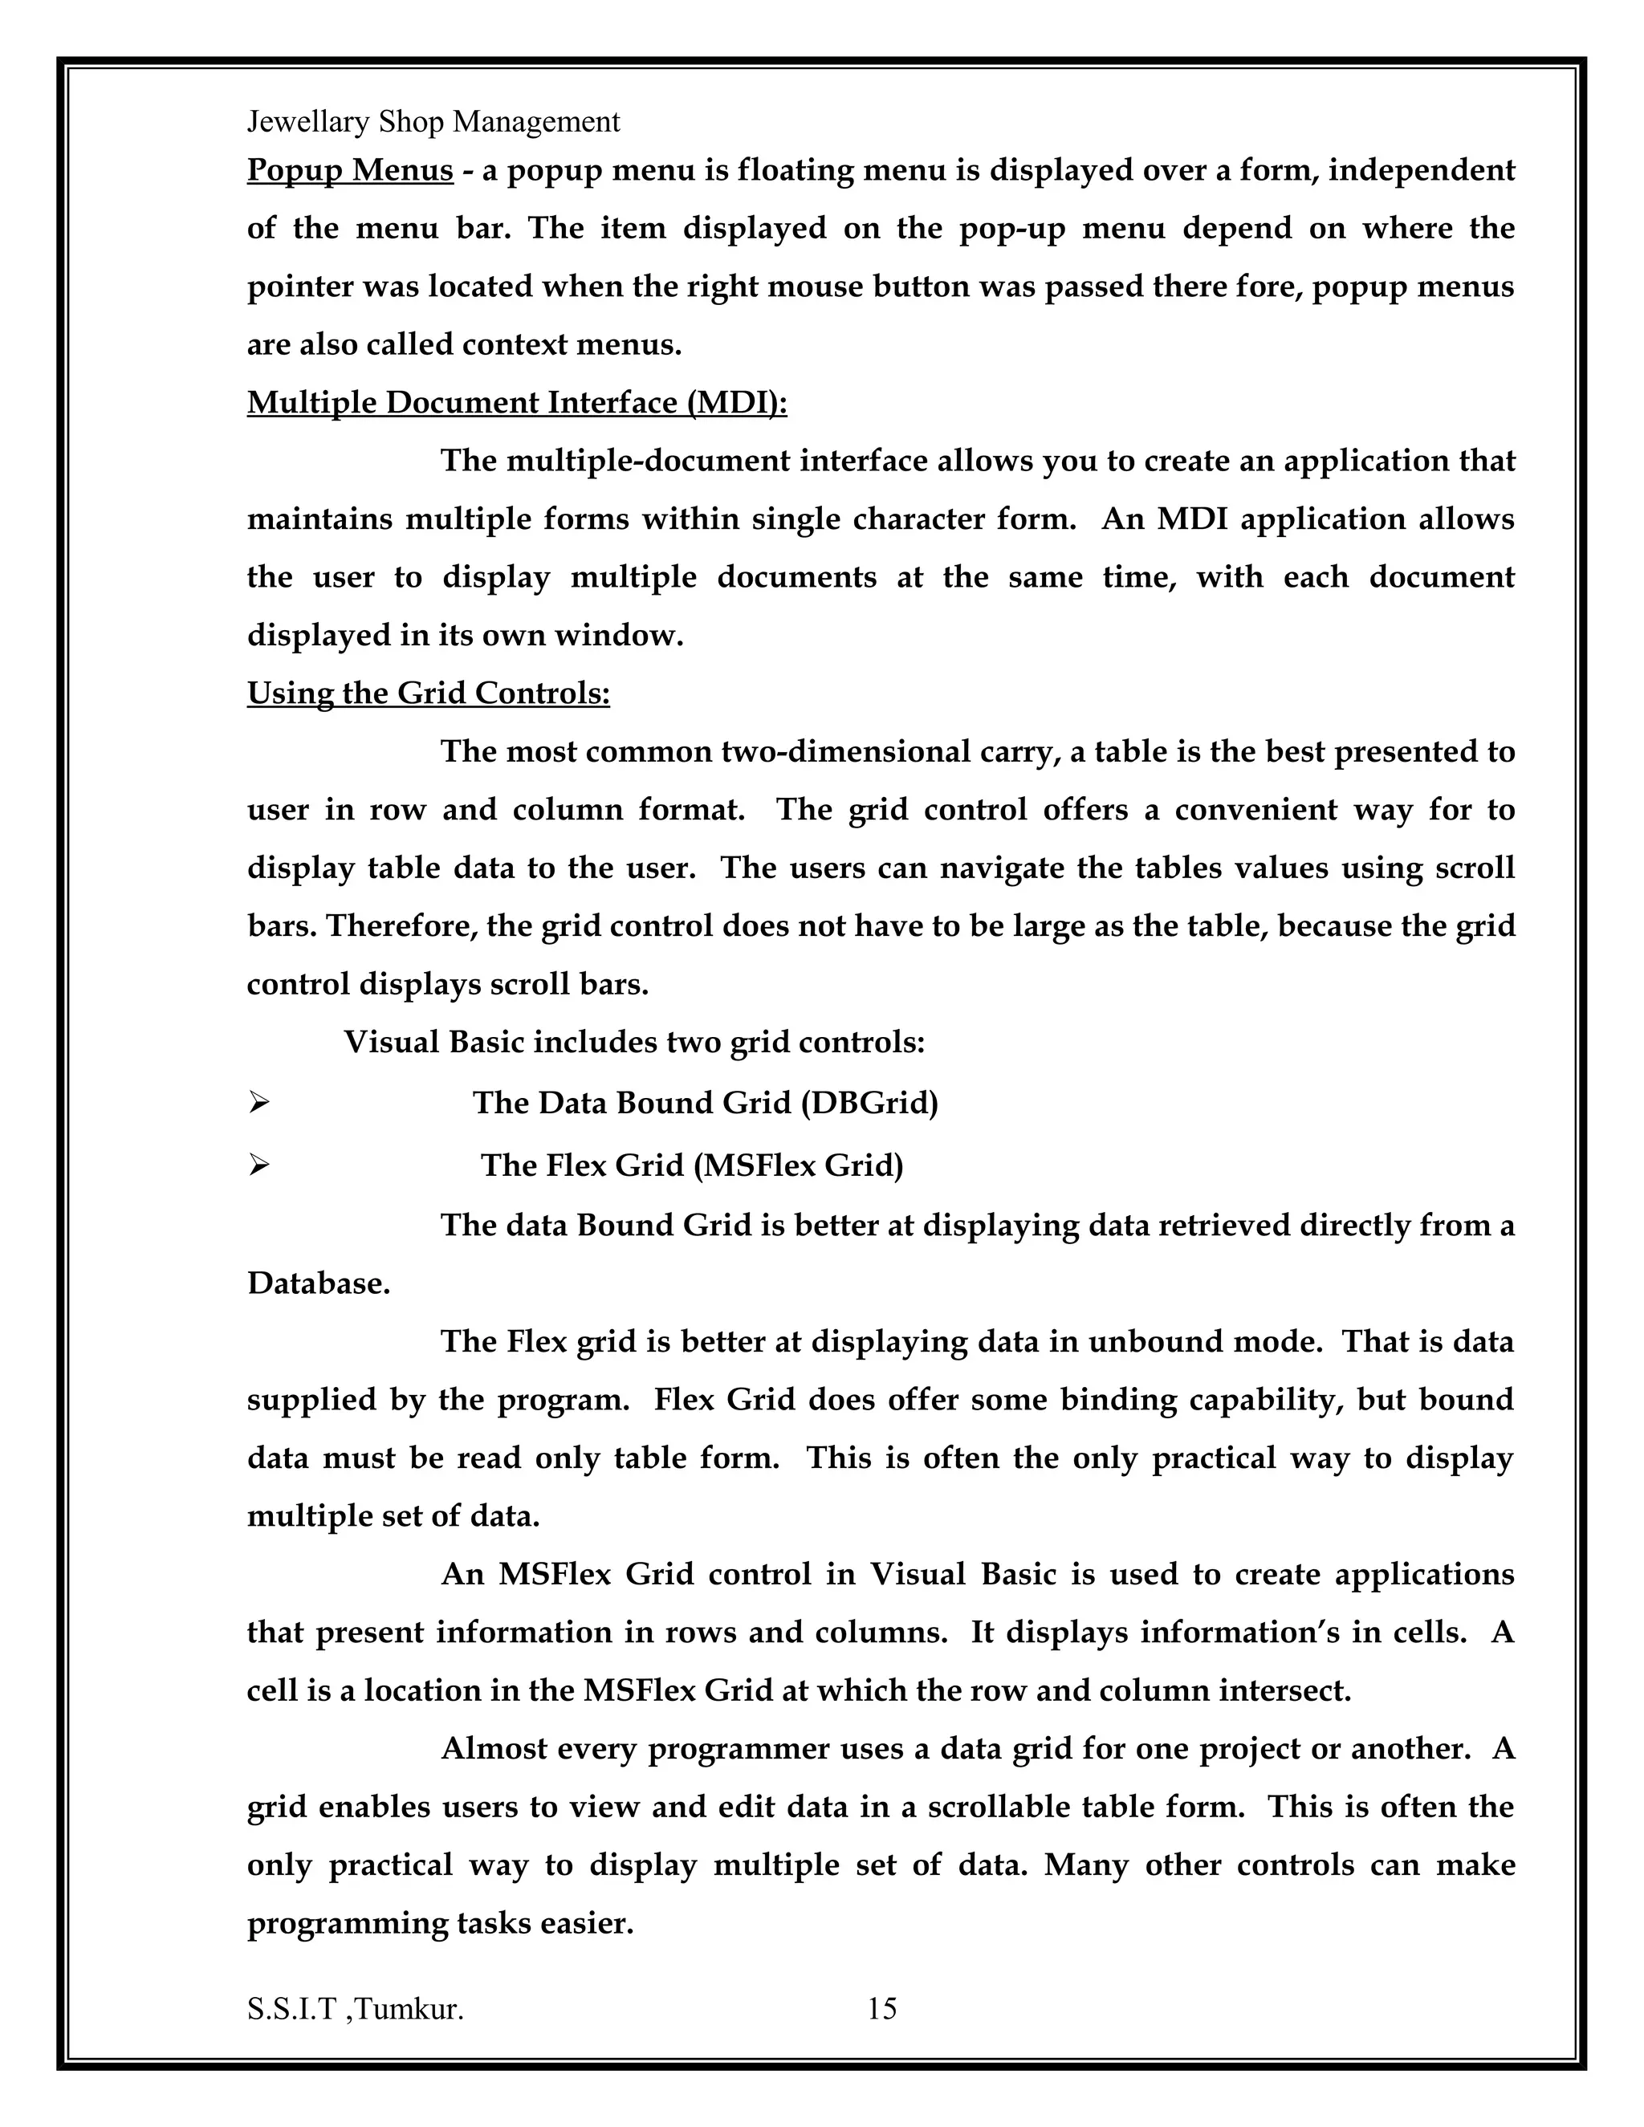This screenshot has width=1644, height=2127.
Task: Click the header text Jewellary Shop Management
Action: [433, 122]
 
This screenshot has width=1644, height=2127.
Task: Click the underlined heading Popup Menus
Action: [350, 170]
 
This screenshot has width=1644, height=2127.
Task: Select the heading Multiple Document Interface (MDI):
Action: [517, 403]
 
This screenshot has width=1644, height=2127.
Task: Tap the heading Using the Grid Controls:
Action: [429, 693]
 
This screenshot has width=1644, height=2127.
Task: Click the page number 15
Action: [881, 2008]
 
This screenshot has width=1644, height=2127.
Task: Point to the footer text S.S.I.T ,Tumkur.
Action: [356, 2008]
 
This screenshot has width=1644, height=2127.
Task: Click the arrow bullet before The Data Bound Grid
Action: [258, 1104]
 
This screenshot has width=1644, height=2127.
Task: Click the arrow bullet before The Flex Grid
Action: [258, 1165]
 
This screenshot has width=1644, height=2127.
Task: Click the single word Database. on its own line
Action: [319, 1283]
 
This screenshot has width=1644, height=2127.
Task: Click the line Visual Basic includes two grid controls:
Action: [634, 1043]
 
